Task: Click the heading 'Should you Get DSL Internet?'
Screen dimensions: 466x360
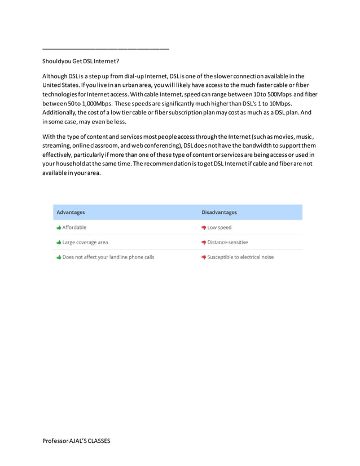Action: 81,61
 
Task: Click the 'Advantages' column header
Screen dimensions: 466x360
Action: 71,212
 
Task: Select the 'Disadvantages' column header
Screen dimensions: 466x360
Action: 219,212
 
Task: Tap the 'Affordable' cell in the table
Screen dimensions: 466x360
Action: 74,227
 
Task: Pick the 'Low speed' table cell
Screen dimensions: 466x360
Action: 219,227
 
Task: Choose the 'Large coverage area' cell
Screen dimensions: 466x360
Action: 85,242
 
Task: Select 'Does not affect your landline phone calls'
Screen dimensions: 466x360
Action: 108,257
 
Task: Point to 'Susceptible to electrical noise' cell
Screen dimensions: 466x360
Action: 240,257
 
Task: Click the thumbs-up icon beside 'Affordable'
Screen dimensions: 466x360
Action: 59,227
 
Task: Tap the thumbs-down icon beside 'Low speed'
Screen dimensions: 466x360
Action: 204,227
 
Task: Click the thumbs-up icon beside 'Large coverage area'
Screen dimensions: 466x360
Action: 59,242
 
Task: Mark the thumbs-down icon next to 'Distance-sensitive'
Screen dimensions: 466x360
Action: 204,242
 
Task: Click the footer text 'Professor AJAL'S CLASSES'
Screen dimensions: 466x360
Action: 76,441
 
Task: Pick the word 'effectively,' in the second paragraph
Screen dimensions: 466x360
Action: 59,155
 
